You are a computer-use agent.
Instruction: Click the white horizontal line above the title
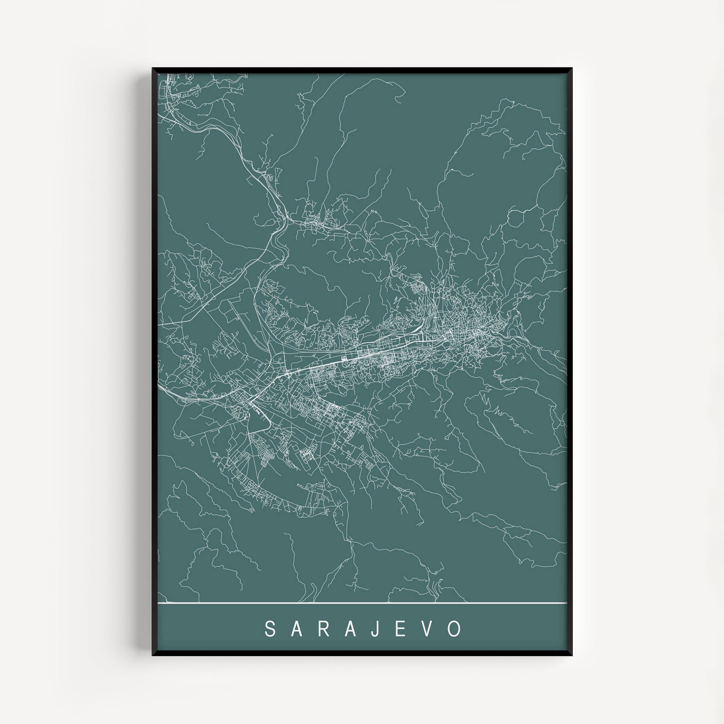tap(362, 603)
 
